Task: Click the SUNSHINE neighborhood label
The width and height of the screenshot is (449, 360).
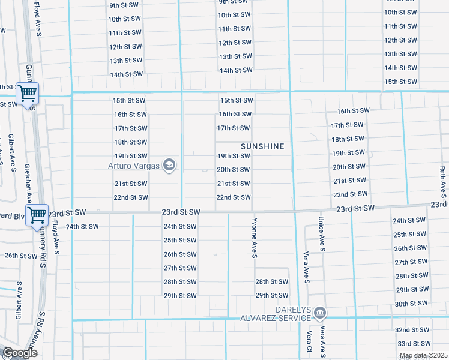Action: [x=262, y=146]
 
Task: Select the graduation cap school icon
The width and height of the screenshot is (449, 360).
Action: [x=169, y=165]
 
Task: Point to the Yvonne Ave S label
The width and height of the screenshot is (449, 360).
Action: [x=255, y=238]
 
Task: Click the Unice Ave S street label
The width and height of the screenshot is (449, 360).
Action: [x=322, y=234]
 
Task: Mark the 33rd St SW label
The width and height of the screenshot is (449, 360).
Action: [x=414, y=344]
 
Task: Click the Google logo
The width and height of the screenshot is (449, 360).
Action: [x=19, y=353]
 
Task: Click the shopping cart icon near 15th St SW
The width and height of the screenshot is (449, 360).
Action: [x=27, y=94]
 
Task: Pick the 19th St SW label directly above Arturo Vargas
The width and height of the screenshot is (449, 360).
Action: [x=131, y=155]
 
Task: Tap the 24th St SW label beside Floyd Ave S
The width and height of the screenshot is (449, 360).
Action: [x=82, y=227]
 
